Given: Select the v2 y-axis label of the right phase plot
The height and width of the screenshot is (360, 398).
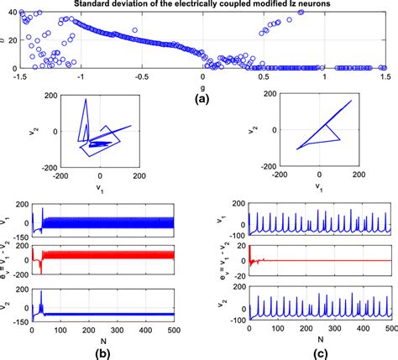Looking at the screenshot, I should click(254, 130).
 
